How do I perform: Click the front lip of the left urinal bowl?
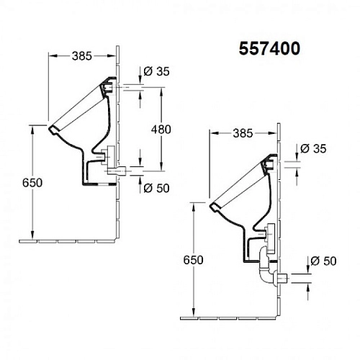click(x=52, y=131)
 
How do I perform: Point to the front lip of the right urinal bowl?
click(x=214, y=209)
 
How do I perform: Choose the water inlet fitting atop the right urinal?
click(x=271, y=165)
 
